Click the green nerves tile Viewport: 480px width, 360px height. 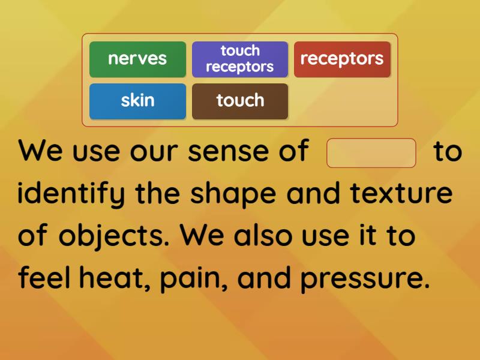(x=137, y=59)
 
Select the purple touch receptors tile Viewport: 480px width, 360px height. (x=240, y=59)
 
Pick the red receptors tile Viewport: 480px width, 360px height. (x=342, y=59)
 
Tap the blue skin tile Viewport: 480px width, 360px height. (x=137, y=101)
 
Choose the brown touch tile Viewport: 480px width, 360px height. (x=240, y=101)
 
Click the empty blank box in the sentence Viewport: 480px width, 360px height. (x=371, y=153)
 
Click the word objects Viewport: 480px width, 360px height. (x=115, y=236)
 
